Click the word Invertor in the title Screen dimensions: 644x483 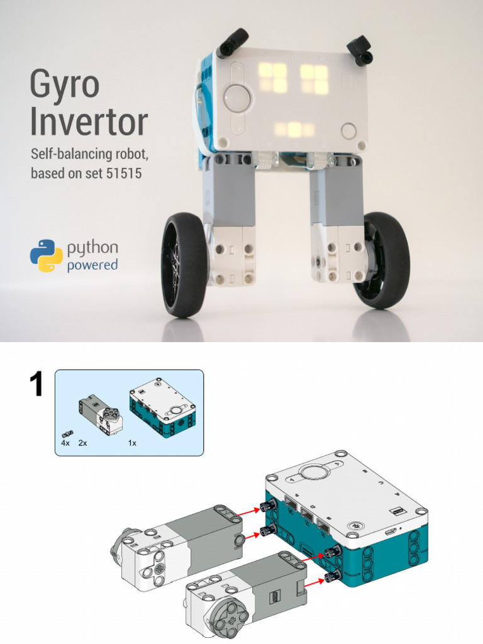tap(89, 123)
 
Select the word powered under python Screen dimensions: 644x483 tap(92, 265)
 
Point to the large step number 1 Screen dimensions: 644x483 tap(36, 384)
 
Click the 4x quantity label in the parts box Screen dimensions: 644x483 tap(65, 443)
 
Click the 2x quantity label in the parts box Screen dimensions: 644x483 tap(83, 443)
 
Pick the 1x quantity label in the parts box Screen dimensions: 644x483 tap(133, 443)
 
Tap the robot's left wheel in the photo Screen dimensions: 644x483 tap(184, 264)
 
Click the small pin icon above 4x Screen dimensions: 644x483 tap(67, 433)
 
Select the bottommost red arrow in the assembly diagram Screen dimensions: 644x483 tap(314, 581)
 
